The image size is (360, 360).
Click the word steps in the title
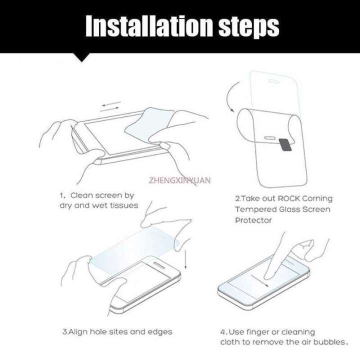point(249,27)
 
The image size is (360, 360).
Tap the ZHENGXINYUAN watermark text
point(179,180)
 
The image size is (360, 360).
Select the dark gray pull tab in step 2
point(285,145)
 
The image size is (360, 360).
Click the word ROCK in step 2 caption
point(289,198)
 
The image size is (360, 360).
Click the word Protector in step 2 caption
point(253,220)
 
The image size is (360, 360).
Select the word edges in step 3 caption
point(160,332)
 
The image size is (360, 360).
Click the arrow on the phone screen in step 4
point(259,280)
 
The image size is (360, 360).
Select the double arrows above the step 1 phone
point(110,107)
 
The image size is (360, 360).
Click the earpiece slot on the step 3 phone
point(159,265)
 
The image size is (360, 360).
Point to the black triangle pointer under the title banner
point(81,57)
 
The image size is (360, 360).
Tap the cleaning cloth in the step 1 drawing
point(149,124)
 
